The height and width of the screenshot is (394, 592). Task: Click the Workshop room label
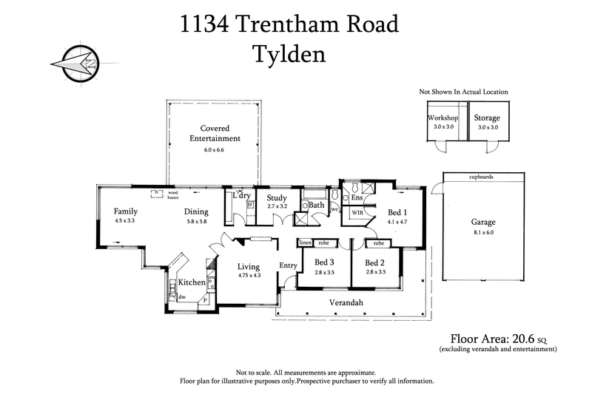pyautogui.click(x=443, y=118)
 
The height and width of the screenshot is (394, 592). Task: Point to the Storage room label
pyautogui.click(x=488, y=118)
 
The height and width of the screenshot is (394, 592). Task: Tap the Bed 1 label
pyautogui.click(x=397, y=211)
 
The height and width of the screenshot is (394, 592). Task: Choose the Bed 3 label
pyautogui.click(x=325, y=262)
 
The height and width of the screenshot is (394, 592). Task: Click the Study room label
pyautogui.click(x=277, y=197)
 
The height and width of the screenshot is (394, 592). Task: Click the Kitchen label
pyautogui.click(x=191, y=282)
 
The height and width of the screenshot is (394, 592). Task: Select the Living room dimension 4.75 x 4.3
pyautogui.click(x=249, y=276)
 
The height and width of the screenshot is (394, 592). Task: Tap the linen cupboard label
pyautogui.click(x=305, y=242)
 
